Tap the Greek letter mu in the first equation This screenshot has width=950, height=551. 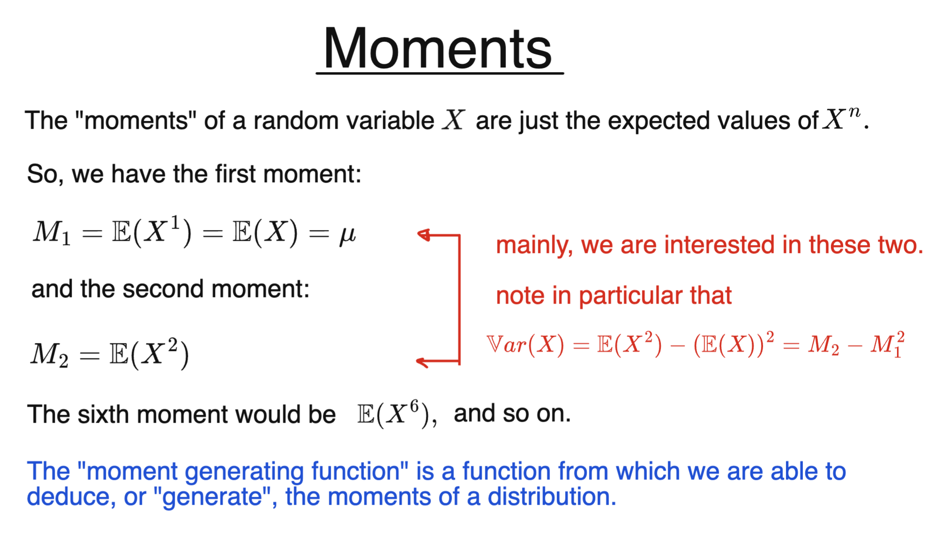click(347, 234)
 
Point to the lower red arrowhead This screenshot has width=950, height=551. click(422, 361)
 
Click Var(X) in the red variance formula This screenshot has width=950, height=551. click(525, 345)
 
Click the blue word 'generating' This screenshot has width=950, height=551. click(244, 471)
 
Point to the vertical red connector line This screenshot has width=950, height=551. click(460, 300)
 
